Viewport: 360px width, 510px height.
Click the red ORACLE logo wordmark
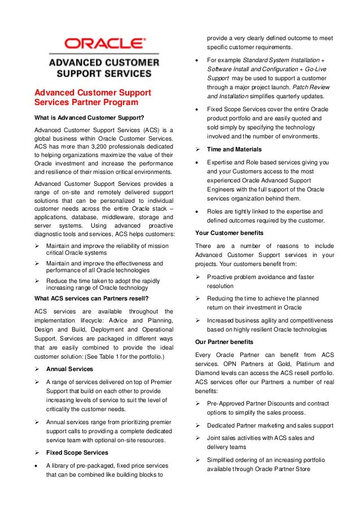click(104, 43)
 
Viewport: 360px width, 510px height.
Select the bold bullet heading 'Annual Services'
click(70, 369)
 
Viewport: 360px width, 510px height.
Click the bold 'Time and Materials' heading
click(234, 149)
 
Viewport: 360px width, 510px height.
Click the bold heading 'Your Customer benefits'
click(229, 232)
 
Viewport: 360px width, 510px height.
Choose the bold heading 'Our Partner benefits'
click(224, 342)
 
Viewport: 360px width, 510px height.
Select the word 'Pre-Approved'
click(228, 404)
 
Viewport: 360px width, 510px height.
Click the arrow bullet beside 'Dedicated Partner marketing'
click(199, 425)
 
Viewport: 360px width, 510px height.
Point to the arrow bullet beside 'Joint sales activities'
click(199, 438)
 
